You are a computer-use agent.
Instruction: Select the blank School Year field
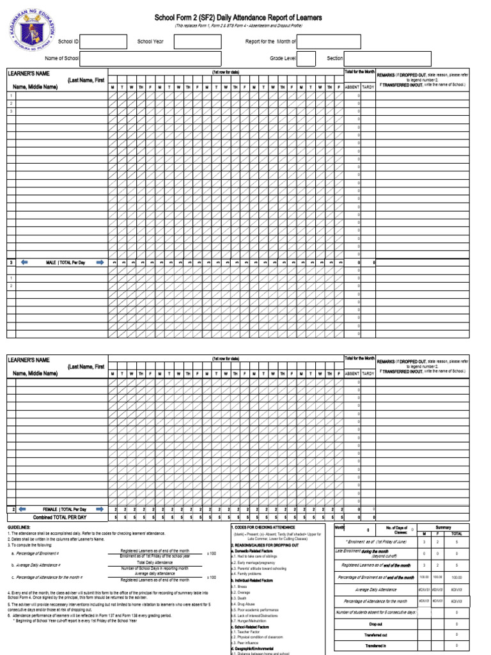(x=193, y=42)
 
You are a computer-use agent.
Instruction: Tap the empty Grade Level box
(x=306, y=59)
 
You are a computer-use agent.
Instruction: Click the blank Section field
(x=387, y=59)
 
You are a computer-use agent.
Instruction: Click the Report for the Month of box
(x=329, y=42)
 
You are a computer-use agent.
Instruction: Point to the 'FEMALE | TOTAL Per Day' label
(x=64, y=509)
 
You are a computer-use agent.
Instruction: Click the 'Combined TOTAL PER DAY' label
(x=64, y=517)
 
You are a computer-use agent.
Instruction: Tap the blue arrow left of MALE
(x=24, y=262)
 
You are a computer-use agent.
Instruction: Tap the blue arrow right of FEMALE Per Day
(x=99, y=509)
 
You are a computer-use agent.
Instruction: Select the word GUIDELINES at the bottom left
(x=19, y=527)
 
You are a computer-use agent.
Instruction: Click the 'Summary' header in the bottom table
(x=443, y=527)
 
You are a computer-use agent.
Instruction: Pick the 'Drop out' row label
(x=375, y=624)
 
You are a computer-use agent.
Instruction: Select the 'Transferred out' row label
(x=375, y=635)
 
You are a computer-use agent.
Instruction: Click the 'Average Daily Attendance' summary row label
(x=375, y=589)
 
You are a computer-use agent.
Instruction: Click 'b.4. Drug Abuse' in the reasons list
(x=244, y=603)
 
